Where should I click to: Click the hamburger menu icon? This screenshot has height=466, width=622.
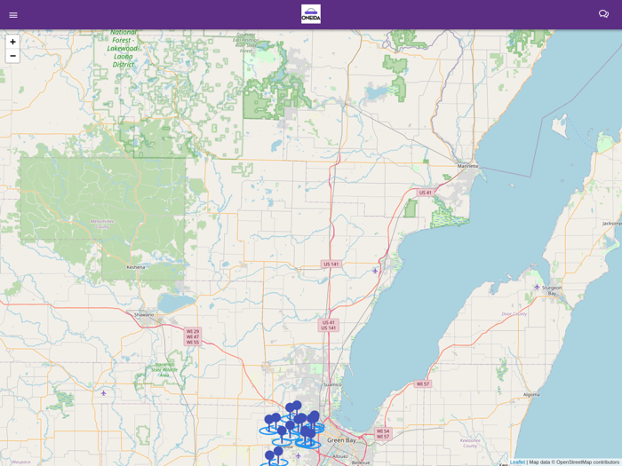pos(13,15)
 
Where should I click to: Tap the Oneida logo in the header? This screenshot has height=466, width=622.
pos(311,14)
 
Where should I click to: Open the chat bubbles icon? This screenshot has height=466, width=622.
pos(603,14)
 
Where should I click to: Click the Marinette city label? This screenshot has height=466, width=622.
pos(467,166)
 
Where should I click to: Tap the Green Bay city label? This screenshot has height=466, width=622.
pos(341,440)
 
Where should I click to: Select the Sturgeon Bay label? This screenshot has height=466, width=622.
pos(552,290)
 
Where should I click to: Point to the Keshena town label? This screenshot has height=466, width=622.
pos(136,266)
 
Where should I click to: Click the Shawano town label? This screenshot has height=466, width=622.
pos(144,314)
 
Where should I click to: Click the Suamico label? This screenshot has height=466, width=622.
pos(331,384)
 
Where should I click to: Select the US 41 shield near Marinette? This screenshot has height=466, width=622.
pos(426,193)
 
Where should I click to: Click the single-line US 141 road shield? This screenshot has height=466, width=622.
pos(331,264)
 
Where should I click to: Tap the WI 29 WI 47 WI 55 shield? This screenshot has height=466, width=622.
pos(193,336)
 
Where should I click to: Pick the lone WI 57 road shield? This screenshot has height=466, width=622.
pos(423,384)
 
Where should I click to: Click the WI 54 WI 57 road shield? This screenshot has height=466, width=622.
pos(383,434)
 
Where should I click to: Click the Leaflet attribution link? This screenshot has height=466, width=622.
pos(517,462)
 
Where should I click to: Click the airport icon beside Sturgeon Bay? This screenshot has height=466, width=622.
pos(537,287)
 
